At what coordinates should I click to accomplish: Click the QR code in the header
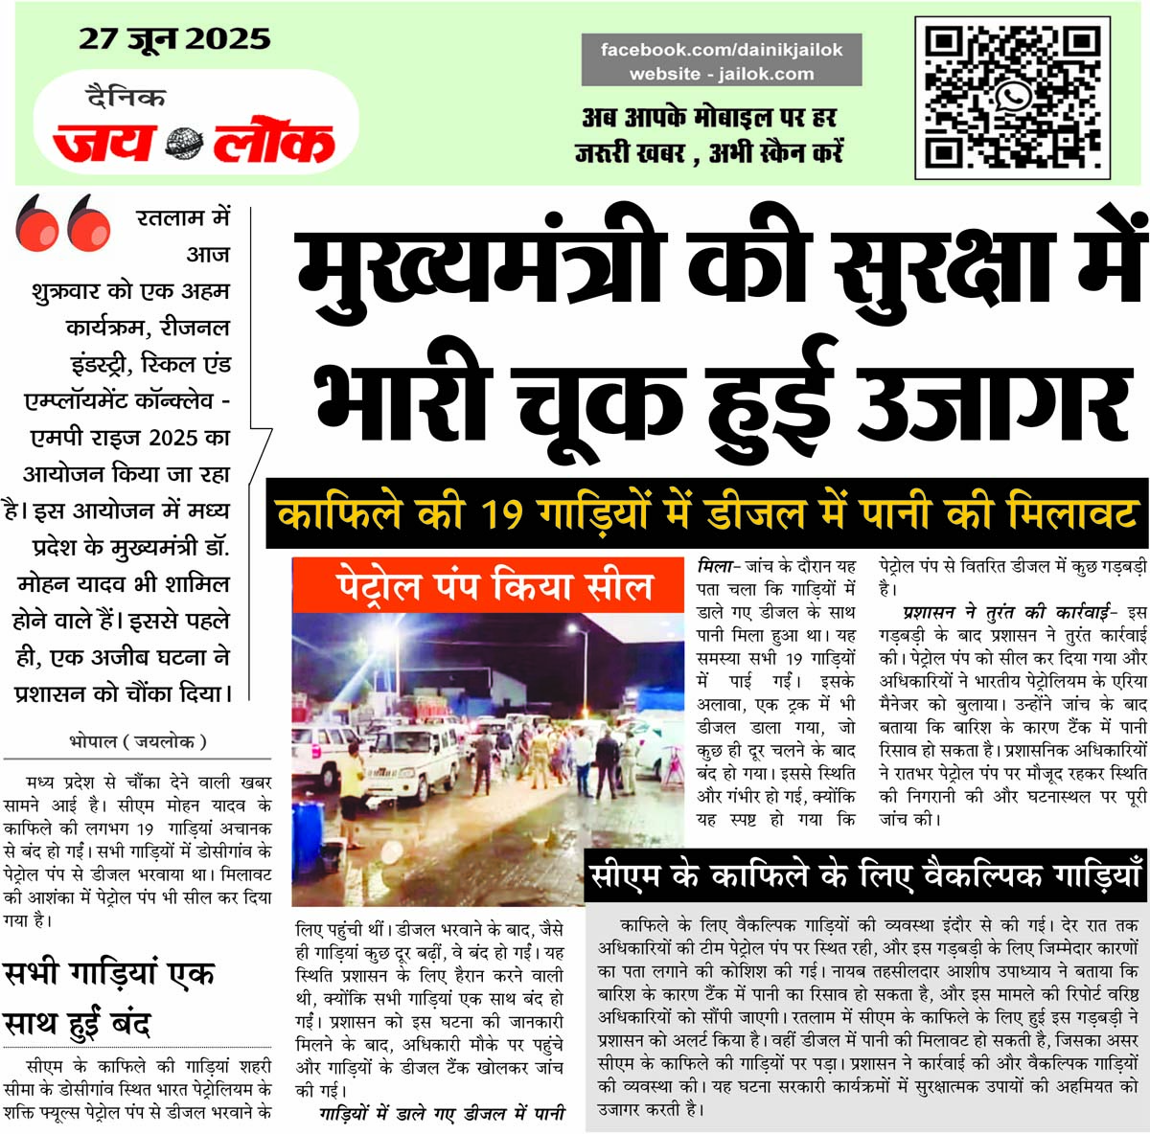[1013, 98]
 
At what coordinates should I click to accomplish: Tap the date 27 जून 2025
[174, 38]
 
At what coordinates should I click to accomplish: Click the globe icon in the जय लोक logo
[183, 143]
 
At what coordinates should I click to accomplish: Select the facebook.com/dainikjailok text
[721, 50]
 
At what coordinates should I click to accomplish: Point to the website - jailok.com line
[721, 74]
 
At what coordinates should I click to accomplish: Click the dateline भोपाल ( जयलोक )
[138, 740]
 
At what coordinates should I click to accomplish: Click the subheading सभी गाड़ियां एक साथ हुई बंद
[109, 998]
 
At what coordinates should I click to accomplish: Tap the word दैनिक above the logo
[126, 98]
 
